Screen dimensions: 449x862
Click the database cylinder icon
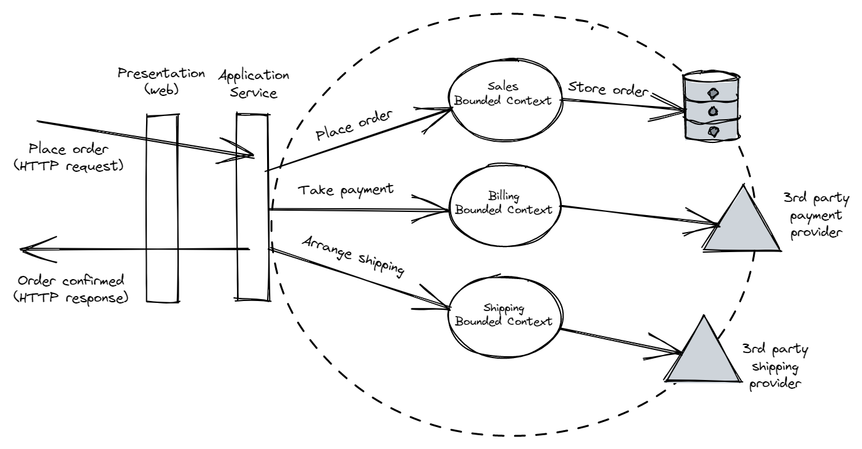point(712,107)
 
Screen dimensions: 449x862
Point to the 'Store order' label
point(606,89)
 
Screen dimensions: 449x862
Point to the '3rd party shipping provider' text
point(772,365)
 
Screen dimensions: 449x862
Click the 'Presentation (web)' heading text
point(161,81)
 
